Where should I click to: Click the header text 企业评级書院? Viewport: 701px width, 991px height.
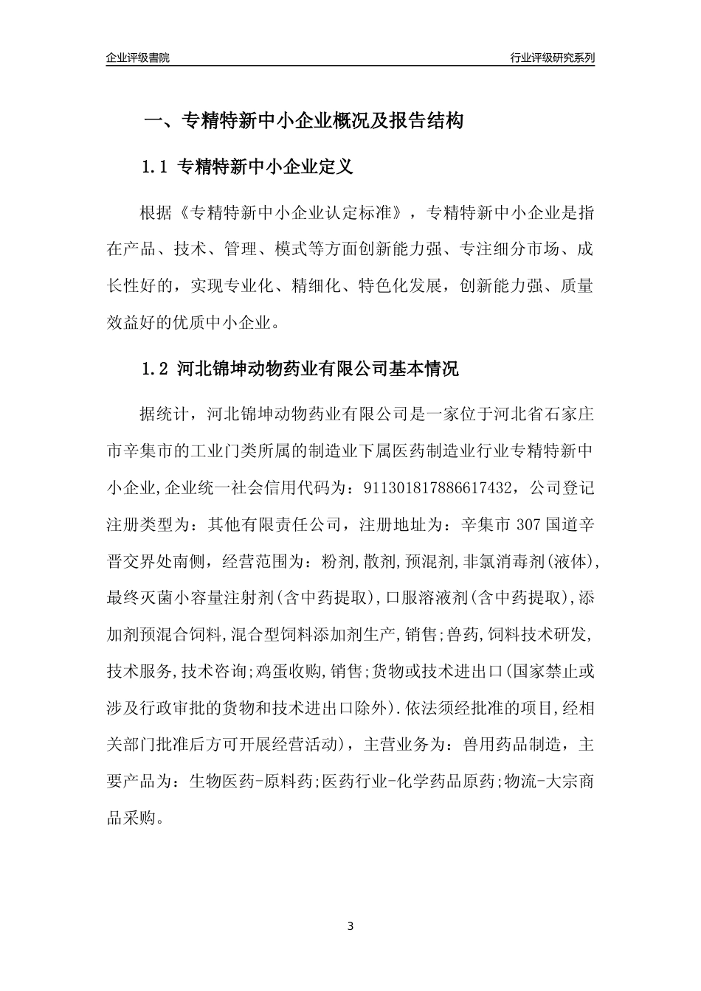pos(138,58)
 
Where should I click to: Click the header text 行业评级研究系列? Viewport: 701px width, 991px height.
pos(552,58)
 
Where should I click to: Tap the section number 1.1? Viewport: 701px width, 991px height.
pos(156,167)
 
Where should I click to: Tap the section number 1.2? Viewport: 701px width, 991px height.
pos(156,369)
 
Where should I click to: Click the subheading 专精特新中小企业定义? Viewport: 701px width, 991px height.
pos(266,167)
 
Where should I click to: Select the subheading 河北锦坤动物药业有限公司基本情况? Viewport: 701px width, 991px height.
pos(318,369)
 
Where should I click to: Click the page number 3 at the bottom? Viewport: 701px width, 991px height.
pos(350,925)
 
